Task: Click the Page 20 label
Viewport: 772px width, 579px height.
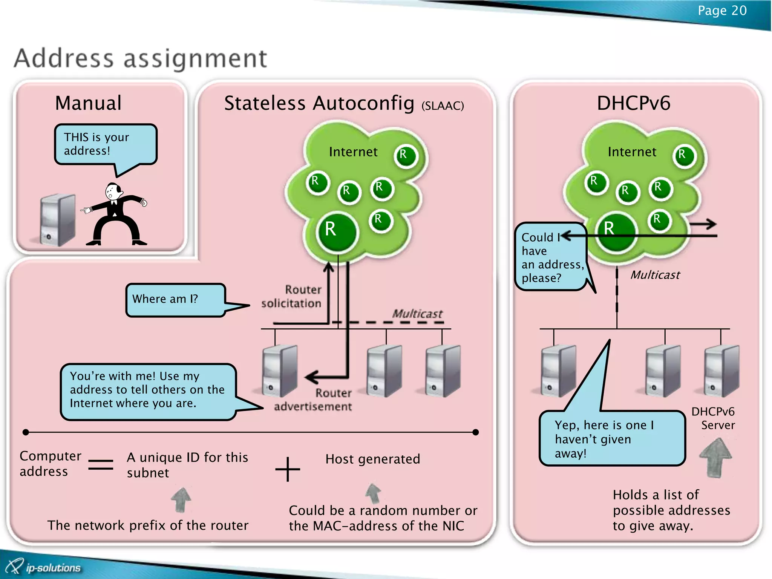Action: click(721, 11)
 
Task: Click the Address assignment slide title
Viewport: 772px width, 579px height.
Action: click(140, 58)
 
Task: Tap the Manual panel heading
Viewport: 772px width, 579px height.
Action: click(88, 103)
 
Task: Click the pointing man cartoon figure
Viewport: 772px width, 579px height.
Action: click(115, 215)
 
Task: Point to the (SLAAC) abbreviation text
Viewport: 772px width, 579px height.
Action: click(443, 106)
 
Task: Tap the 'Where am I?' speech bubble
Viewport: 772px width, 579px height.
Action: click(175, 299)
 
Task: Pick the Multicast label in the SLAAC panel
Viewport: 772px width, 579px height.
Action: click(417, 313)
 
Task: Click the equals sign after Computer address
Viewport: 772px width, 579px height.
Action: click(101, 464)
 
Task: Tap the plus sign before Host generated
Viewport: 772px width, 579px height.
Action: click(288, 469)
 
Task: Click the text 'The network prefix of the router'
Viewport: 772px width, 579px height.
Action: click(148, 525)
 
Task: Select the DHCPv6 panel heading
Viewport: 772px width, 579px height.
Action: click(633, 103)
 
